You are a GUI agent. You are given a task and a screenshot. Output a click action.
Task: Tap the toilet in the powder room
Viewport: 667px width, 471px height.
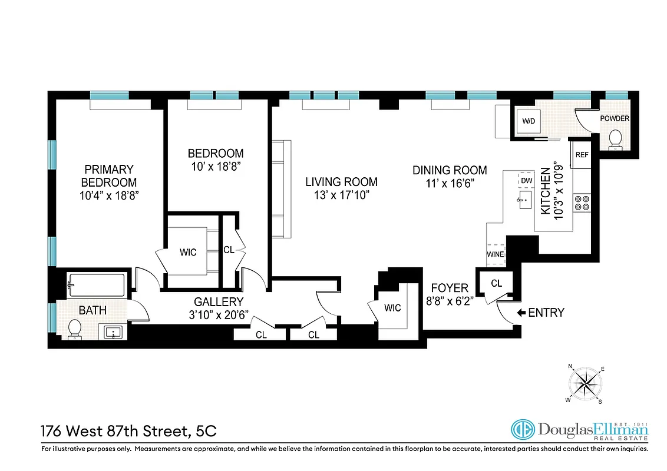615,139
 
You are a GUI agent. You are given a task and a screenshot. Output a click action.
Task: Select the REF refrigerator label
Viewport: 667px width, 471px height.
582,155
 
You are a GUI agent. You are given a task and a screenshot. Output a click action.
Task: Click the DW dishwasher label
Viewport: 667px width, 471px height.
526,179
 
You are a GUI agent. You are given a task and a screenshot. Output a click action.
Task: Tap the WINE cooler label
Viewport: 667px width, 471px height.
495,254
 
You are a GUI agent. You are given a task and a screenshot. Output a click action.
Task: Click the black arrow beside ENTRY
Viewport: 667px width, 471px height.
521,313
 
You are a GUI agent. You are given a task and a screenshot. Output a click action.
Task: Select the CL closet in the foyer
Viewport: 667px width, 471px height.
496,283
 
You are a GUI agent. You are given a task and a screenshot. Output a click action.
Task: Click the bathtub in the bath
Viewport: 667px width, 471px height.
96,286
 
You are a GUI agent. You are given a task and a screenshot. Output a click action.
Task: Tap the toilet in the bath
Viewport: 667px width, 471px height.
75,329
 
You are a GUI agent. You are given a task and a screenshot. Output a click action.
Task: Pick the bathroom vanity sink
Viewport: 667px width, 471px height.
113,333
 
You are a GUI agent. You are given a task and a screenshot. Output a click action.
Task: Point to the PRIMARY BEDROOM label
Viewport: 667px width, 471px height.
109,176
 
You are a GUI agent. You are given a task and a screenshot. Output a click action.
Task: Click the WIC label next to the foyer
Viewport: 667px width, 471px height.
393,308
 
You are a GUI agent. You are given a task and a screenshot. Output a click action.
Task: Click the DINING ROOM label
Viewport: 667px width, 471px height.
449,170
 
